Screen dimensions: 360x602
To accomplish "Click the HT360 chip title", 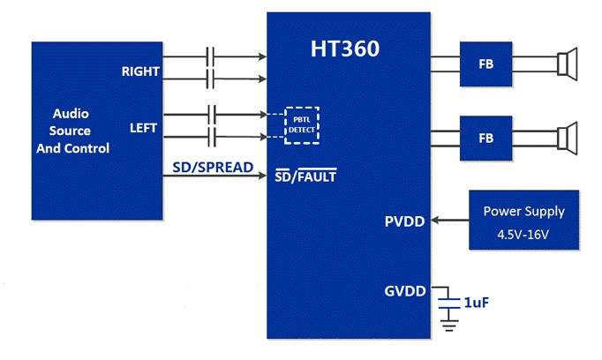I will (345, 49).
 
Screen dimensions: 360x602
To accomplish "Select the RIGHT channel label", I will (140, 71).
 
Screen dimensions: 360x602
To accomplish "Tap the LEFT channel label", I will (143, 128).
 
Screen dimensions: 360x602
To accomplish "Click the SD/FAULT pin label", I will (306, 176).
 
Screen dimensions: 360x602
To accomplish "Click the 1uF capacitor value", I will (476, 302).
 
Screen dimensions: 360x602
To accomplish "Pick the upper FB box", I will (485, 64).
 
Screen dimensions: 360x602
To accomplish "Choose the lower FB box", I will (485, 139).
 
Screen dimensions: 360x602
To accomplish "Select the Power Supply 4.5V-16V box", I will (523, 220).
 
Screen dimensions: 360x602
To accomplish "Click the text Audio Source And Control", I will (72, 131).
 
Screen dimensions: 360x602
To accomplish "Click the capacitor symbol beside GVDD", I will (450, 303).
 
